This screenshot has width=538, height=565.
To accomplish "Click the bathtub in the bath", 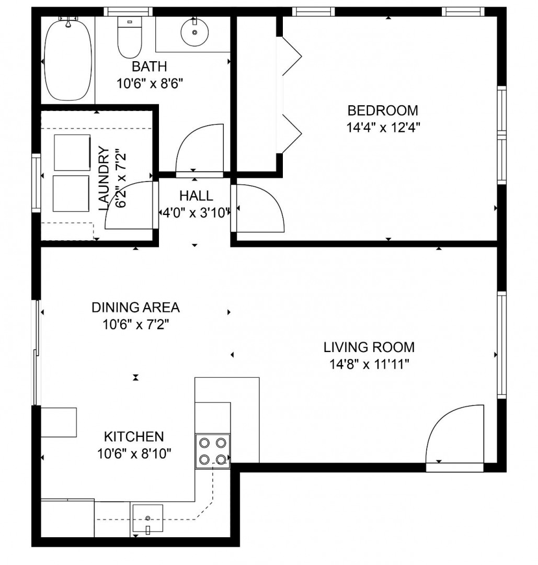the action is [67, 60].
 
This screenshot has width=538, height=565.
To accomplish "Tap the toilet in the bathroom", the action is [130, 38].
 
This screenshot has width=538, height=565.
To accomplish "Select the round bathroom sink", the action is [194, 32].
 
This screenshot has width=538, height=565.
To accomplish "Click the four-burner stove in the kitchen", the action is [212, 451].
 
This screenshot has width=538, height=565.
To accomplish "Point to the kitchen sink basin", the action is [147, 518].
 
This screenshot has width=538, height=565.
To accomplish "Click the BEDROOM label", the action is [382, 110].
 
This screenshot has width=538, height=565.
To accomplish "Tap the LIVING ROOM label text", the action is [369, 347].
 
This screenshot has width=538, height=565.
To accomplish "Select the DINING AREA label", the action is [135, 308].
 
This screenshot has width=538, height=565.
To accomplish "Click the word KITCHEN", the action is [134, 436].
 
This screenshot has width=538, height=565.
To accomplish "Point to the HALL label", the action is [196, 196].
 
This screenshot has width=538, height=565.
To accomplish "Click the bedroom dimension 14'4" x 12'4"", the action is [384, 128].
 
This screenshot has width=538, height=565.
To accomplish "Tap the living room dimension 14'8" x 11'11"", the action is [370, 365].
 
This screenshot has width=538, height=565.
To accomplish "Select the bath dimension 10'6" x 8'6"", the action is [150, 84].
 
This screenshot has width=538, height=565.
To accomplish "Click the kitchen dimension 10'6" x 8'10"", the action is [134, 454].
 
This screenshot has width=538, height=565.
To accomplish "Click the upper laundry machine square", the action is [72, 152].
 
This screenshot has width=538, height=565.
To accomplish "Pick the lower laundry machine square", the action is [71, 194].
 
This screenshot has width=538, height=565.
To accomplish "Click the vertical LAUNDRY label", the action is [104, 179].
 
